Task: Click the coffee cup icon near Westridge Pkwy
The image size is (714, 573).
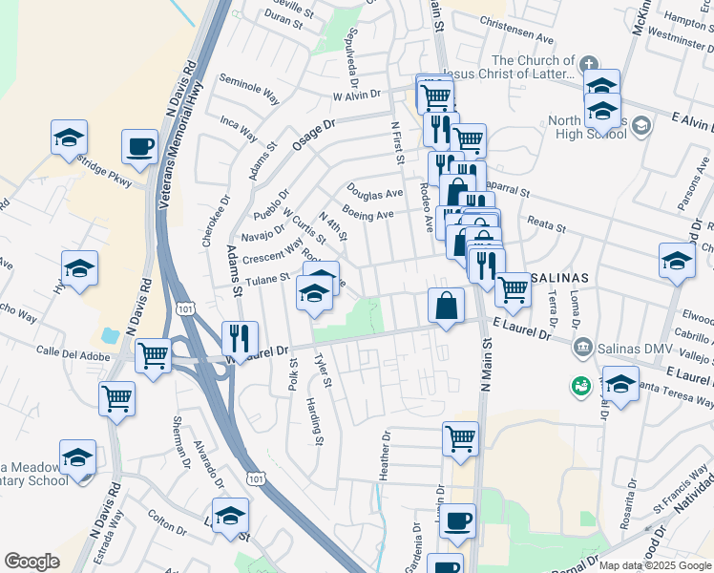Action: point(139,147)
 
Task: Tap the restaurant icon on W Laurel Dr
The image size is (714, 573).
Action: point(239,338)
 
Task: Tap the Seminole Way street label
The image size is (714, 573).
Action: point(249,89)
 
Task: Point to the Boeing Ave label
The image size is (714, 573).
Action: point(370,216)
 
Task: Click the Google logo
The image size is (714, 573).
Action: point(32,562)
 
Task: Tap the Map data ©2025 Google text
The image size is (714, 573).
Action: point(654,565)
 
